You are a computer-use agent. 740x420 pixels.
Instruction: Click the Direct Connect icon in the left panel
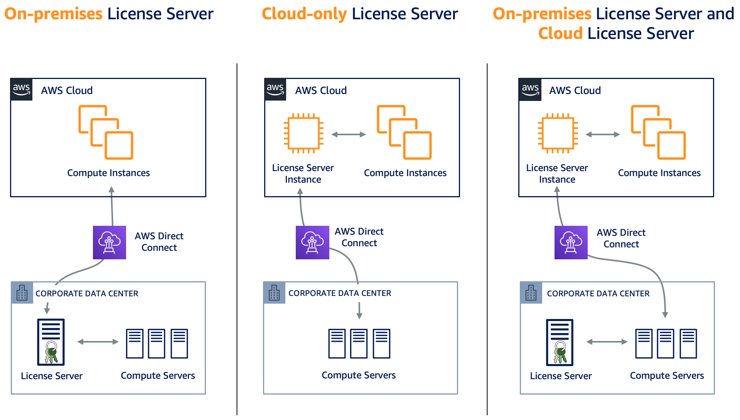click(109, 242)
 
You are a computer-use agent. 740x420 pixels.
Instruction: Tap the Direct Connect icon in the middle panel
click(312, 242)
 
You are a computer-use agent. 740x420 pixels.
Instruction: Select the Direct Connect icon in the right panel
click(571, 242)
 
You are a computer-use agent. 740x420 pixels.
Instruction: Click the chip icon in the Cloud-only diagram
click(303, 133)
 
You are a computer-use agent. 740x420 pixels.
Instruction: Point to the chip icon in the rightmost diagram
click(558, 133)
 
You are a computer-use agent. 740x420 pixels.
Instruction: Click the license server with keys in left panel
click(51, 342)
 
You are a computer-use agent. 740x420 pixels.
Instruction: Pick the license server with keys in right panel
click(560, 342)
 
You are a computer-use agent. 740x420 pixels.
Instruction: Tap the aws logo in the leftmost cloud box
click(22, 89)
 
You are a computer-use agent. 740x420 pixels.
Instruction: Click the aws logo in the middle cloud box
click(275, 89)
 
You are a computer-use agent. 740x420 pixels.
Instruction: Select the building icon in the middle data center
click(274, 293)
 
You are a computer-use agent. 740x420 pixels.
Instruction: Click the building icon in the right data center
click(531, 293)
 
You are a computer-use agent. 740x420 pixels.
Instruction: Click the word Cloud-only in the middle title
click(304, 14)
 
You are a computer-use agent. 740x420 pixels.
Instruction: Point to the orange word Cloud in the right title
click(560, 34)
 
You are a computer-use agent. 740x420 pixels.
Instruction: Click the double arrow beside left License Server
click(98, 342)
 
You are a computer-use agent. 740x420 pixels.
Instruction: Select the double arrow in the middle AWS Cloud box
click(349, 134)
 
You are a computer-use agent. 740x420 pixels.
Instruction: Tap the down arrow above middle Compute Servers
click(359, 311)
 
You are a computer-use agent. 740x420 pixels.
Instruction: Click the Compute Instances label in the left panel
click(108, 173)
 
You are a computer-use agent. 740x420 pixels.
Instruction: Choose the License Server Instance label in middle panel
click(303, 174)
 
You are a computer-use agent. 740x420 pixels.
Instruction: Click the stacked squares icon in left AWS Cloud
click(106, 132)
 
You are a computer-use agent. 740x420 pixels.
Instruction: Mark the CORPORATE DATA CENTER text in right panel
click(598, 294)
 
